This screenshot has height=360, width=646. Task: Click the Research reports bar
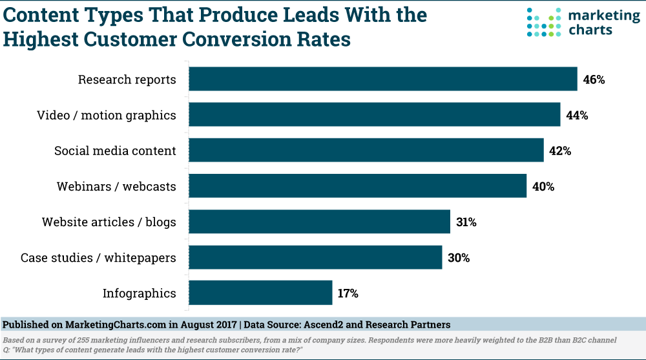tap(383, 79)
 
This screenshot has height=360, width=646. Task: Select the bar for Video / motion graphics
tap(375, 115)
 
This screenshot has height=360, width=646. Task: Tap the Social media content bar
tap(366, 151)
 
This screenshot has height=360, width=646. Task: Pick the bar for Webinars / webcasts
tap(358, 186)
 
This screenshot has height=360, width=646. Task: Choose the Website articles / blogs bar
tap(320, 222)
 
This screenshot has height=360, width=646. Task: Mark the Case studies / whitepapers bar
tap(316, 257)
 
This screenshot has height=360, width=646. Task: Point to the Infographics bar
tap(261, 293)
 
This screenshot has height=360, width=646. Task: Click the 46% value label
tap(594, 80)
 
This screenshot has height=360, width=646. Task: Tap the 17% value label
tap(348, 293)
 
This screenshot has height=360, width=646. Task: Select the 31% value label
tap(466, 222)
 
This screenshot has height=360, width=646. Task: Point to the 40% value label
tap(543, 187)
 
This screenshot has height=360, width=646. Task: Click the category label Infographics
tap(139, 293)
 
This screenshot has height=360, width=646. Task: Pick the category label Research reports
tap(127, 80)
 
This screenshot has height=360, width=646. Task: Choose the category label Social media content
tap(115, 151)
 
